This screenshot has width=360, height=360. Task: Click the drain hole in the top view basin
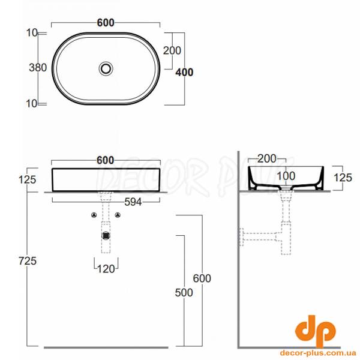[x=106, y=68]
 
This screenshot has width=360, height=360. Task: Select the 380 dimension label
[x=38, y=68]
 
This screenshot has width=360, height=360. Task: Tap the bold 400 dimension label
[x=184, y=73]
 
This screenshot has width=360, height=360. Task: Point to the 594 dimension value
[x=133, y=202]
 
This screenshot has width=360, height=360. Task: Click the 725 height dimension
[x=28, y=261]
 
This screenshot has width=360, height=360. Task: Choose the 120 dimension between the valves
[x=106, y=269]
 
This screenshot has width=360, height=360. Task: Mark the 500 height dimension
[x=184, y=293]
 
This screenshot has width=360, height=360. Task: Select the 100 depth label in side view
[x=286, y=176]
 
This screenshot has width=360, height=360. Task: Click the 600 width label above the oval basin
[x=106, y=23]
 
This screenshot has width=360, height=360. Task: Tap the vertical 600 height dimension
[x=202, y=278]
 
